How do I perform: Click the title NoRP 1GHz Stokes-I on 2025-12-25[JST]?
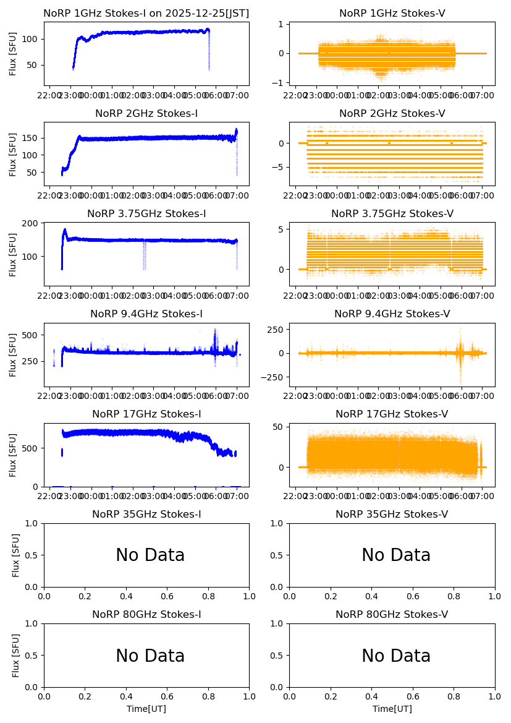coord(146,14)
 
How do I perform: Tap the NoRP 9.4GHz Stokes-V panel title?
coord(392,314)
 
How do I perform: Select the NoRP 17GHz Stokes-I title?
coord(146,414)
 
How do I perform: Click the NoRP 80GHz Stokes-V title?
coord(392,615)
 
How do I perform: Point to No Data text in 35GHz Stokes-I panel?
coord(150,555)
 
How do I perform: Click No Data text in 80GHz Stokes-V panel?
coord(396,656)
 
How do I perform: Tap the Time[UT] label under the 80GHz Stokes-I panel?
coord(146,709)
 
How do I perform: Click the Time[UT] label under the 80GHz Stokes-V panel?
coord(392,709)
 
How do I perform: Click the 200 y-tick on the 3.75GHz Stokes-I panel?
coord(32,223)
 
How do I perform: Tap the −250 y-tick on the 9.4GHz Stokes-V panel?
coord(274,378)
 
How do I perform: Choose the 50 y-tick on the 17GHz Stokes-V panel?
coord(279,427)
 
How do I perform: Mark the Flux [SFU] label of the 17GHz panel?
coord(13,455)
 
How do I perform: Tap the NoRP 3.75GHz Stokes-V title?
coord(392,214)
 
